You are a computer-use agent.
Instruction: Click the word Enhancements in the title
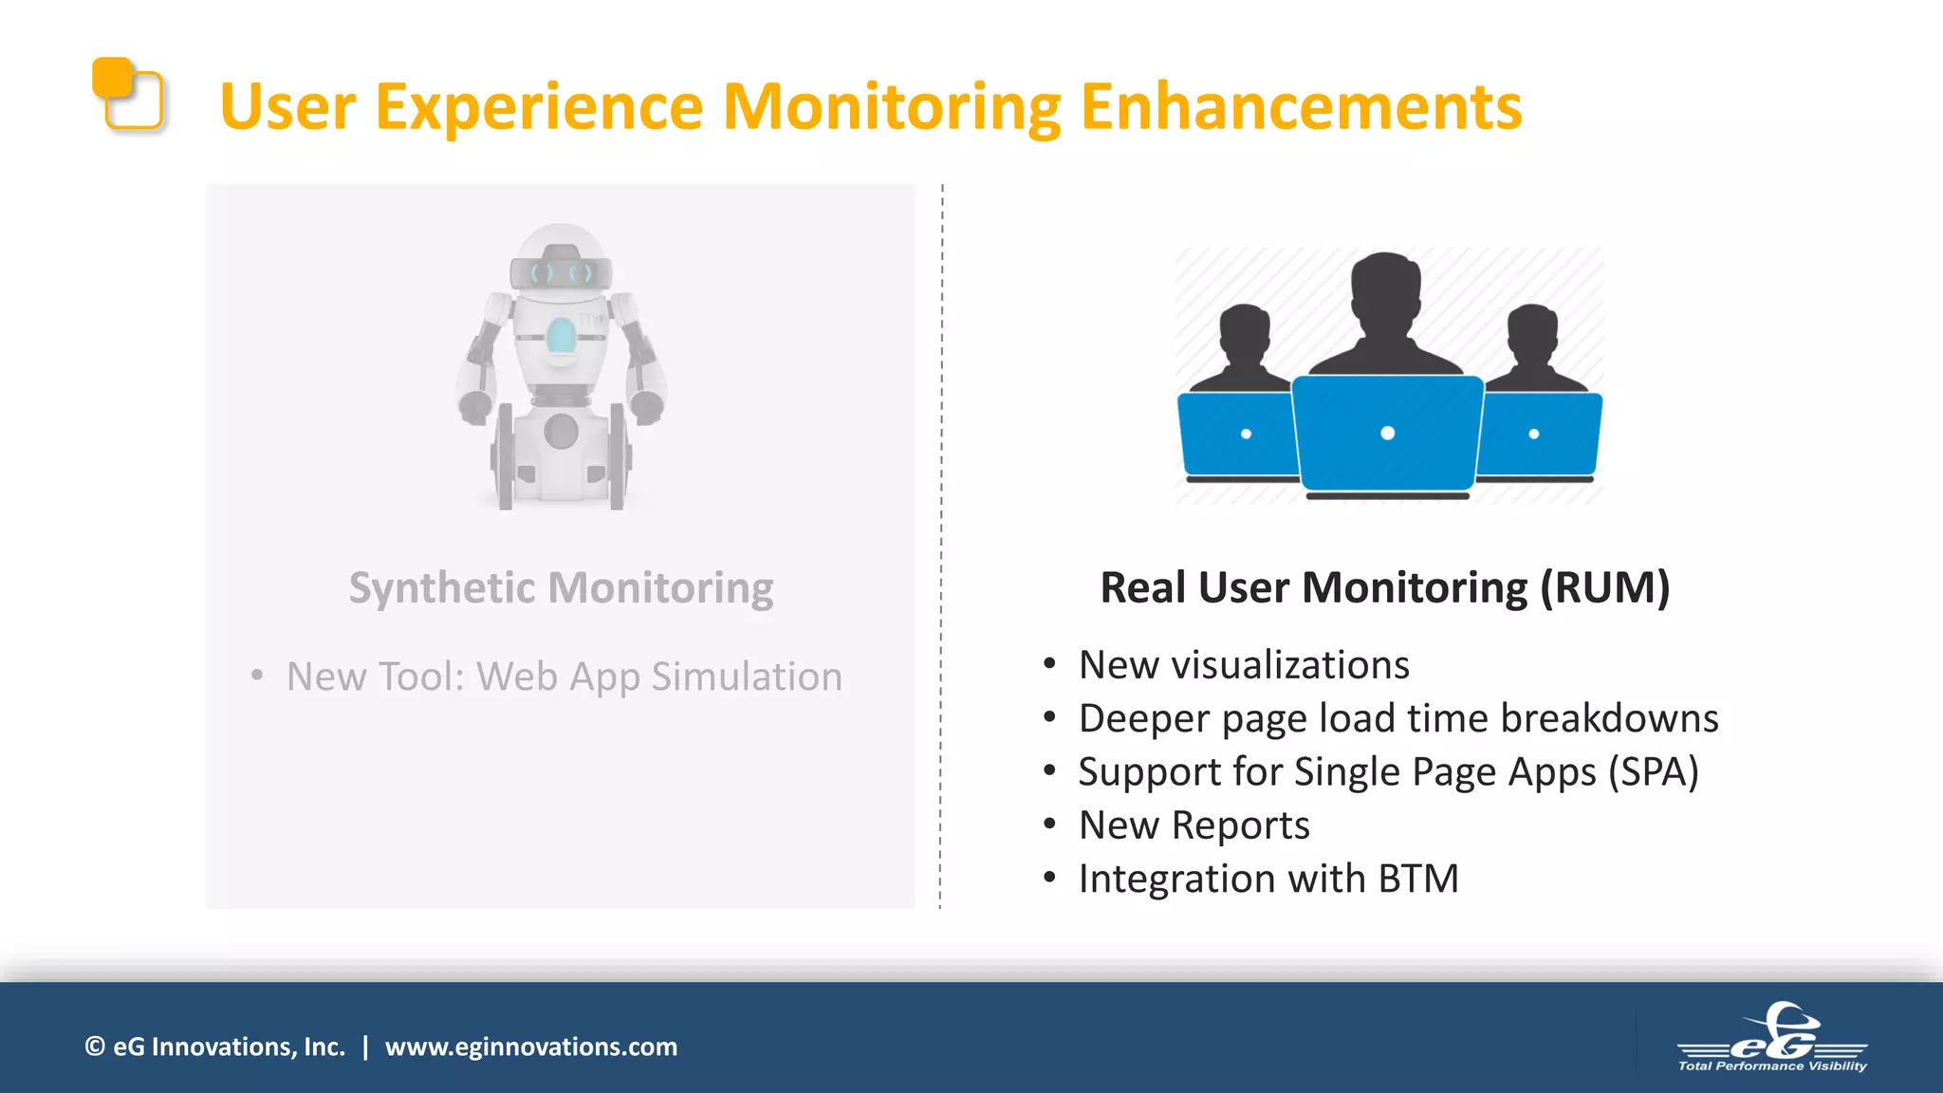click(1300, 106)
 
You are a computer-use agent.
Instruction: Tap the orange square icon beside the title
click(126, 93)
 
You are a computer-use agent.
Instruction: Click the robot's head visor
click(561, 272)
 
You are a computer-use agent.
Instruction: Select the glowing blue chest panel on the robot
click(561, 335)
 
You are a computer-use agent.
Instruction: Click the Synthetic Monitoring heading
click(561, 587)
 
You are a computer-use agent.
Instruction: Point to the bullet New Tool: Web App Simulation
click(564, 676)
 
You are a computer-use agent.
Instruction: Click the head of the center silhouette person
click(1386, 289)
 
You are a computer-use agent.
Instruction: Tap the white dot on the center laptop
click(1387, 434)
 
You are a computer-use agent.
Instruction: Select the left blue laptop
click(1236, 435)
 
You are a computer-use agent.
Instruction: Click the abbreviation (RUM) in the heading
click(1604, 587)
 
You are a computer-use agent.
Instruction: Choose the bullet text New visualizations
click(1244, 665)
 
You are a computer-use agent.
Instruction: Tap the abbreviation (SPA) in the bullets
click(1653, 771)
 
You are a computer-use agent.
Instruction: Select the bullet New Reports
click(1194, 825)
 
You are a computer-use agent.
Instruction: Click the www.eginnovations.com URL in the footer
click(530, 1047)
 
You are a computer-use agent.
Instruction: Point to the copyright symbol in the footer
click(95, 1047)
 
